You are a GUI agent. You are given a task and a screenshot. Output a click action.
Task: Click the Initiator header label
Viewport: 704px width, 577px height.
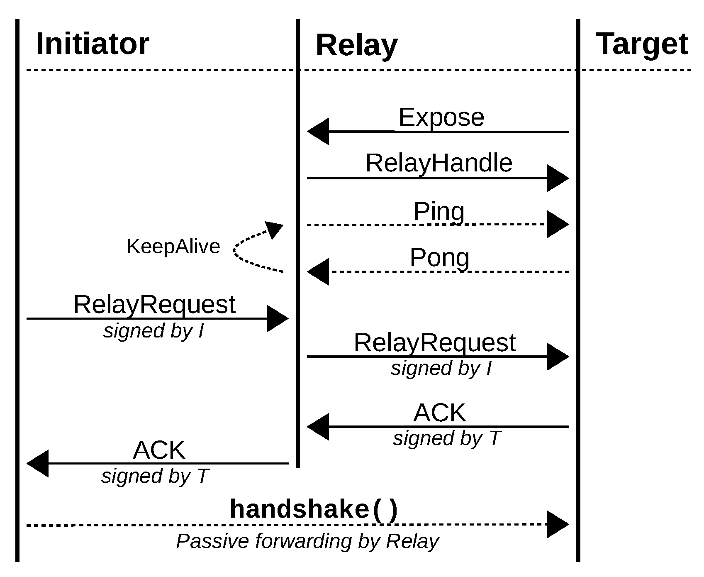[x=93, y=44]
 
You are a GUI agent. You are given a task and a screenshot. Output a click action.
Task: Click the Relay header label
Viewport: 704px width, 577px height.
[x=356, y=45]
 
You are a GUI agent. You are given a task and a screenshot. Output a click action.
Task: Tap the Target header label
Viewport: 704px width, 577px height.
[x=642, y=44]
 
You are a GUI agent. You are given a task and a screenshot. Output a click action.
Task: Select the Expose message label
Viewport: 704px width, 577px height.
[x=441, y=117]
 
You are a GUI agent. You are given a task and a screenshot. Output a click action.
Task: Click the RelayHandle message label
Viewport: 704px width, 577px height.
[x=438, y=163]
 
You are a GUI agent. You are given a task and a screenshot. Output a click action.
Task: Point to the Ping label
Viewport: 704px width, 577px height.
[x=439, y=212]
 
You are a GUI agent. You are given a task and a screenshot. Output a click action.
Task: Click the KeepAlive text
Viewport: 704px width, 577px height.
[x=173, y=247]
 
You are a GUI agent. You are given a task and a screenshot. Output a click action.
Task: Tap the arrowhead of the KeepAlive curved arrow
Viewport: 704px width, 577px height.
[x=275, y=229]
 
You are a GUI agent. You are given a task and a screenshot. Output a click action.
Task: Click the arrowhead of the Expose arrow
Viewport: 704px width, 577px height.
[x=318, y=132]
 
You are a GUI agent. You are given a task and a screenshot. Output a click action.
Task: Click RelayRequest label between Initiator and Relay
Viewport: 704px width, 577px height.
[x=154, y=305]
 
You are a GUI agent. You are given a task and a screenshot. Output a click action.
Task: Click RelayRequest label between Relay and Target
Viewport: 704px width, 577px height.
[x=434, y=343]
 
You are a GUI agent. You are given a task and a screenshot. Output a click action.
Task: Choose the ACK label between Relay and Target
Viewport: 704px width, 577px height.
[x=440, y=413]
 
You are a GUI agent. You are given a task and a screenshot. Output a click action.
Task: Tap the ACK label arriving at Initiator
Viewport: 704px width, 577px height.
[x=159, y=450]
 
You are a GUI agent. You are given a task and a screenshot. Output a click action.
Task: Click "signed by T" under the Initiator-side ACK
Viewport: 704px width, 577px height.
[x=154, y=476]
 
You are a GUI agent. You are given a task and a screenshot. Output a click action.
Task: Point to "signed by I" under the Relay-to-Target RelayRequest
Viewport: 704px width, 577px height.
[x=441, y=368]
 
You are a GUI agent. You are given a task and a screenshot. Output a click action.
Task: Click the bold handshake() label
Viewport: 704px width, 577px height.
[x=314, y=509]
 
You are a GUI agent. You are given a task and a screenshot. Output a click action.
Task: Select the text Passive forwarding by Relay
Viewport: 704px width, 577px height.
[x=307, y=541]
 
